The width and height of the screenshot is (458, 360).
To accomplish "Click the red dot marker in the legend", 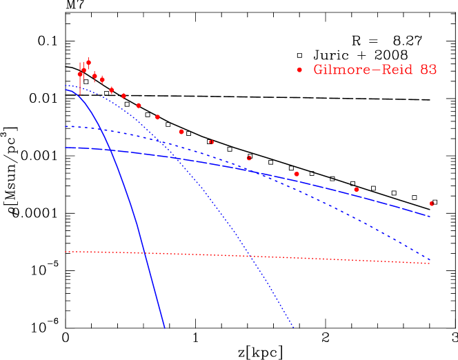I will pos(299,70).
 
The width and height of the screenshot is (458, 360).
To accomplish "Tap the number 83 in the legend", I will pos(428,70).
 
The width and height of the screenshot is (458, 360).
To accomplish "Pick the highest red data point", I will pos(88,62).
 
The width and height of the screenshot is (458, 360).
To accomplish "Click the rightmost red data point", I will pos(432,203).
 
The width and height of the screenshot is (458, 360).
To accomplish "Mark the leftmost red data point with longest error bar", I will pos(80,74).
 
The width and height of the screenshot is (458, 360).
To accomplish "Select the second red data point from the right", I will pos(357,189).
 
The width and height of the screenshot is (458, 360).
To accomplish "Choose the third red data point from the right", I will pos(297,174).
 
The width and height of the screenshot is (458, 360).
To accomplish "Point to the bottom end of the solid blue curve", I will pos(165,328).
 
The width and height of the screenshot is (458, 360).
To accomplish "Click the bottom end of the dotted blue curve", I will pos(294,328).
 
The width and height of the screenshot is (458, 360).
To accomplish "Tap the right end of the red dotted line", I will pos(430,263).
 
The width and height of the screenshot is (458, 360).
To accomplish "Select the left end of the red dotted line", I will pos(66,252).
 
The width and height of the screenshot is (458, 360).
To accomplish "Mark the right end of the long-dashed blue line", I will pos(430,217).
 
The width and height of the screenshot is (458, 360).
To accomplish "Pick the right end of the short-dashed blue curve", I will pos(430,260).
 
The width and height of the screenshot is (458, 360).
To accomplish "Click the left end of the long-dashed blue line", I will pos(66,148).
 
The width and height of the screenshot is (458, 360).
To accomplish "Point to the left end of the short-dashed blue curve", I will pos(66,126).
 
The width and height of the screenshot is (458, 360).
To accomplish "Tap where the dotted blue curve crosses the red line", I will pos(251,256).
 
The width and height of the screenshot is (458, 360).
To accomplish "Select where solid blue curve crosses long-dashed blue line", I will pos(111,150).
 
